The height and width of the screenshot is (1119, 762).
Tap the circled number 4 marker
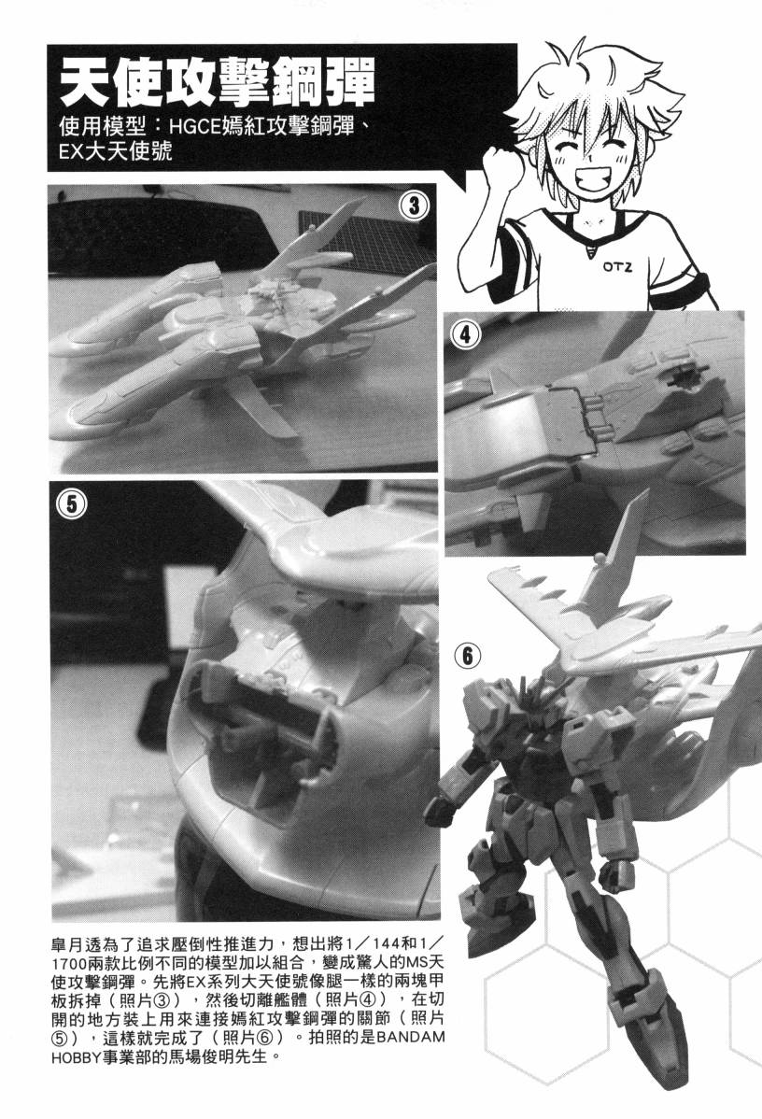pyautogui.click(x=465, y=333)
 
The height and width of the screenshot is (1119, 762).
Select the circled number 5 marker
pyautogui.click(x=71, y=504)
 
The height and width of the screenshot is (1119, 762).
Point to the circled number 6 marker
pyautogui.click(x=467, y=656)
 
